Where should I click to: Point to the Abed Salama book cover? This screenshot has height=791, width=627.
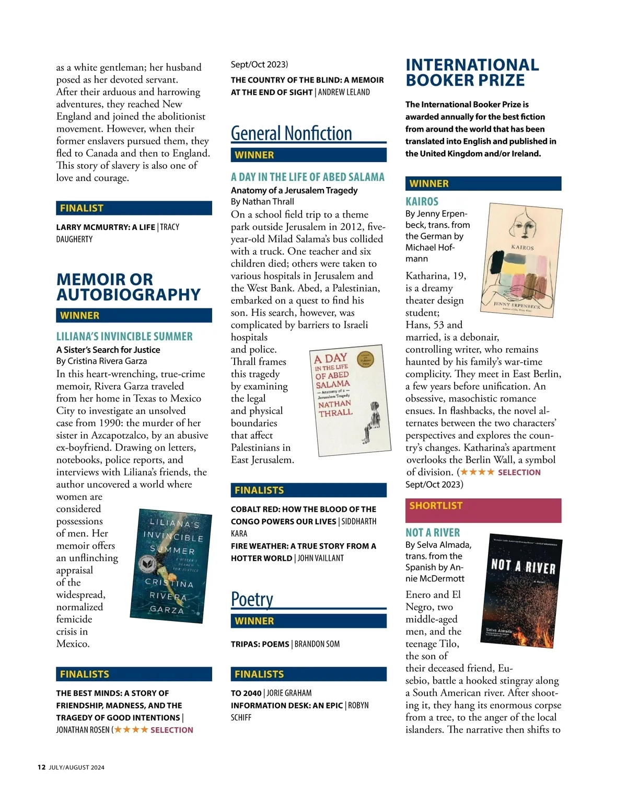click(350, 401)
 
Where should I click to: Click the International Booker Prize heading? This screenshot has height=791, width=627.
click(472, 73)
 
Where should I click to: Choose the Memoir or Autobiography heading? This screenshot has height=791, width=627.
click(128, 287)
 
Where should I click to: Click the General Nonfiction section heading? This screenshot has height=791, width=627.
click(291, 133)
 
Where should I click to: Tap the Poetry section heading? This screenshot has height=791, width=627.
click(252, 599)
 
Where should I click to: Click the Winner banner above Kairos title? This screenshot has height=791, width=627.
click(483, 184)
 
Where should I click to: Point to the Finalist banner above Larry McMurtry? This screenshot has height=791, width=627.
click(134, 208)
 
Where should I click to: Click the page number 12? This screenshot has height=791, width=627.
click(41, 767)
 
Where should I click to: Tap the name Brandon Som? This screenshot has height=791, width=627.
click(317, 644)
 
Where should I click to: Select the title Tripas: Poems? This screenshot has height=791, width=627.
click(260, 644)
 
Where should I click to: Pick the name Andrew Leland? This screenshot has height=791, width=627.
click(344, 93)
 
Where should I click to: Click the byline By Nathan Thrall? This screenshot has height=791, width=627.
click(262, 202)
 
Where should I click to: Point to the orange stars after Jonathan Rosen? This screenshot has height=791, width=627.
click(131, 730)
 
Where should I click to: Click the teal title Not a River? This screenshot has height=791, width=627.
click(433, 533)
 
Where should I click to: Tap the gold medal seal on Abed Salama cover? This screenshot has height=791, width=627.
click(365, 360)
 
